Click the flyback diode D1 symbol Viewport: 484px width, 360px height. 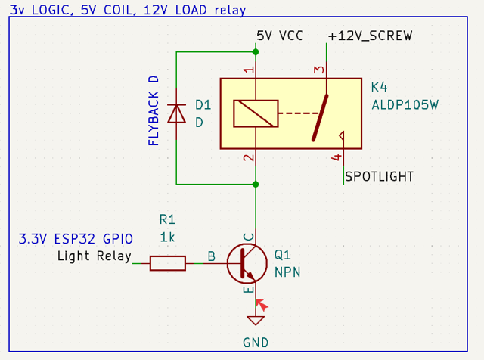pyautogui.click(x=176, y=113)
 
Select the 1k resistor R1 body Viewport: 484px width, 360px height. pyautogui.click(x=167, y=262)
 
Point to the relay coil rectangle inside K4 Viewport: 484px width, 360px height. pyautogui.click(x=256, y=113)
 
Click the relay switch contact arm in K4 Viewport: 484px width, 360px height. pyautogui.click(x=321, y=117)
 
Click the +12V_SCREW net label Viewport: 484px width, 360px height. pyautogui.click(x=370, y=36)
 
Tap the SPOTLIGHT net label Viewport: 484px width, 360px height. pyautogui.click(x=379, y=176)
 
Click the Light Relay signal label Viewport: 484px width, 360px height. pyautogui.click(x=94, y=256)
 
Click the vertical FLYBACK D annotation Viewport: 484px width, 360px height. pyautogui.click(x=154, y=110)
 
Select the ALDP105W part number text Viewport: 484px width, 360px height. pyautogui.click(x=405, y=104)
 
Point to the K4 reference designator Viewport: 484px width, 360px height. pyautogui.click(x=379, y=88)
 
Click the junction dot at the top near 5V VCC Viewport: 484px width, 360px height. pyautogui.click(x=256, y=51)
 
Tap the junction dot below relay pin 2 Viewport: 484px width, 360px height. pyautogui.click(x=256, y=184)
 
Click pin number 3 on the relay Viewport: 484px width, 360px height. pyautogui.click(x=319, y=70)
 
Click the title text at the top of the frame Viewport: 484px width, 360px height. pyautogui.click(x=128, y=10)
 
